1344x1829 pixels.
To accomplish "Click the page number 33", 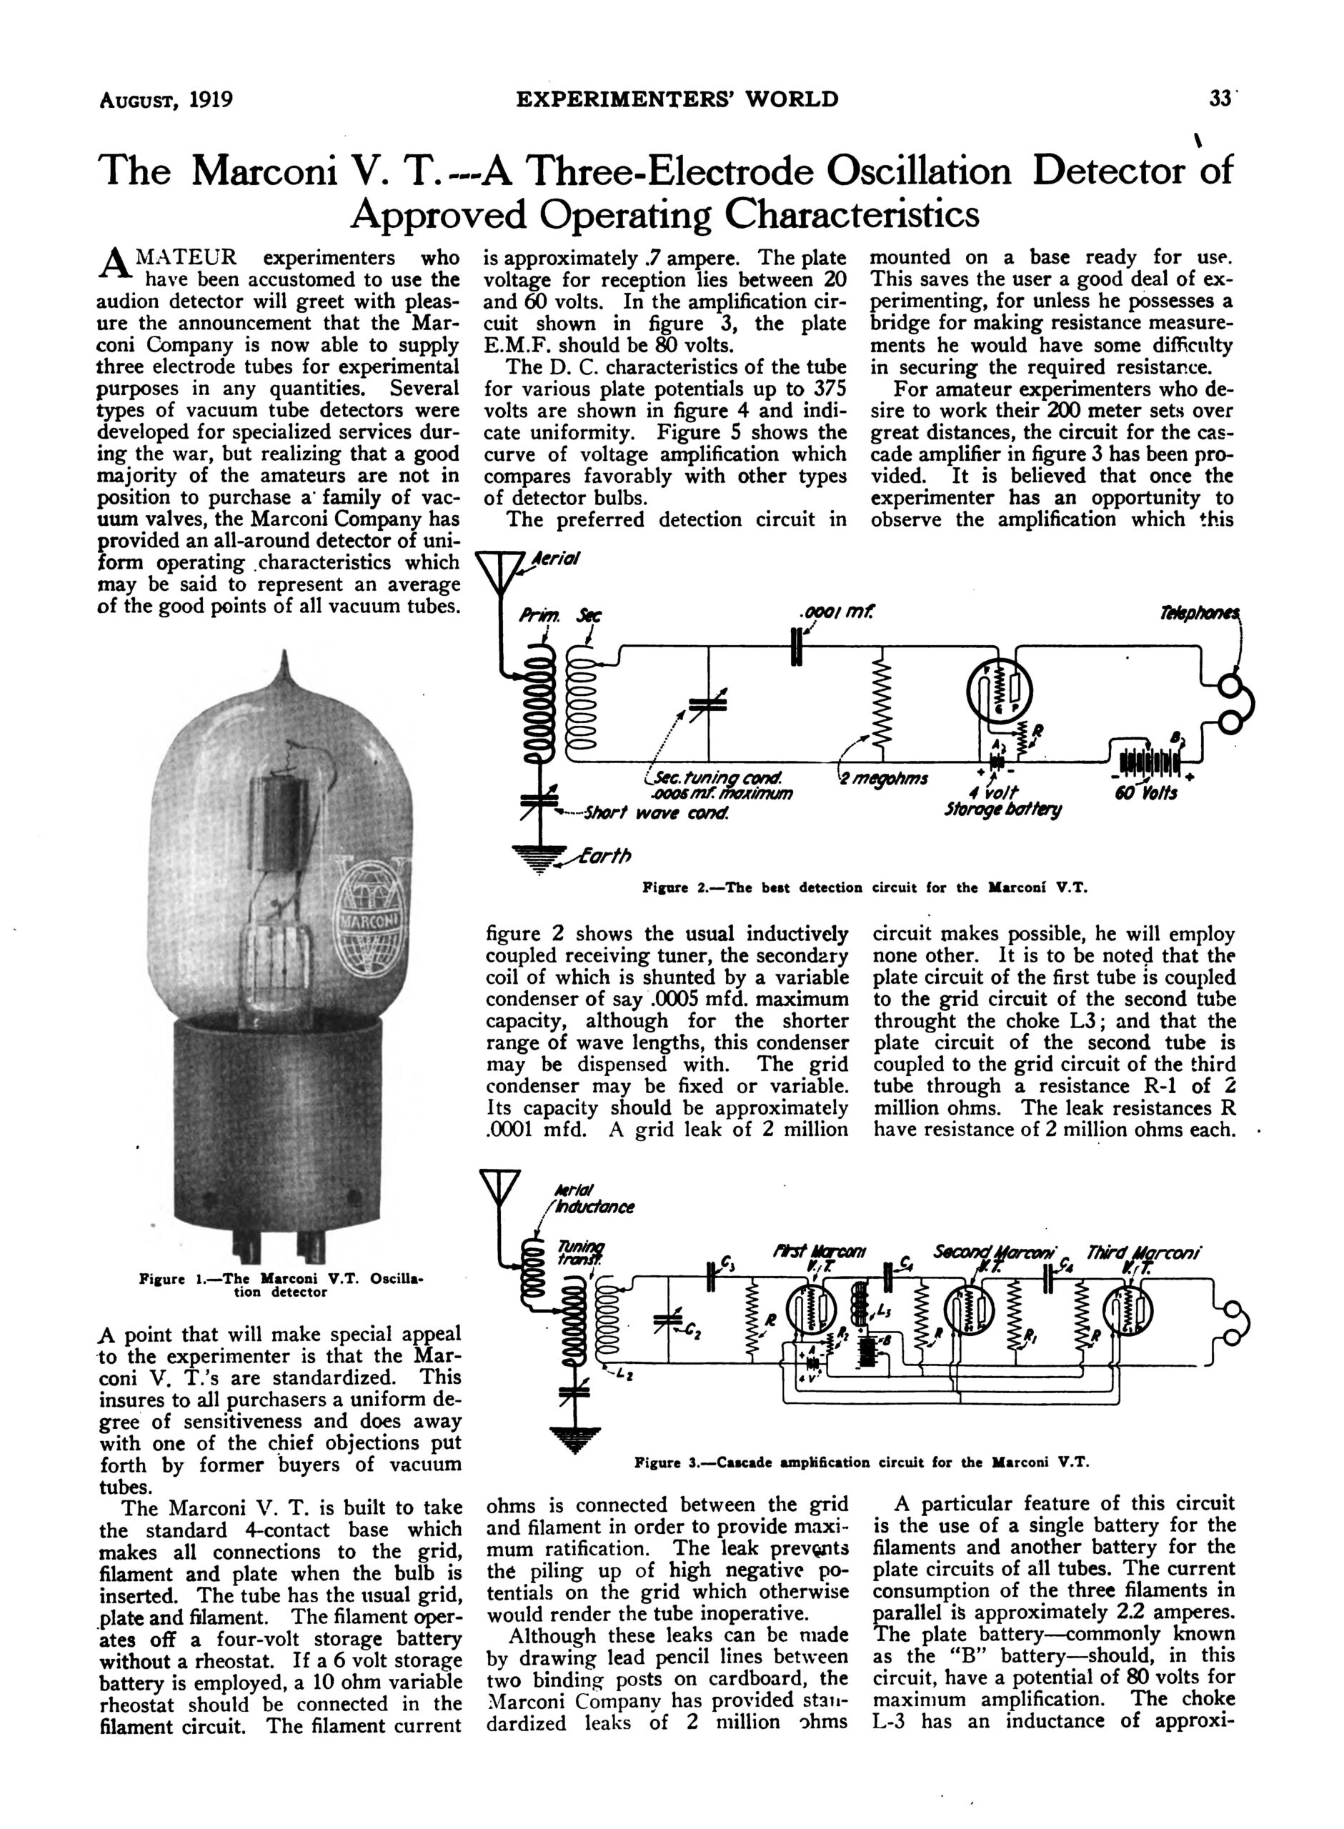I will (1220, 99).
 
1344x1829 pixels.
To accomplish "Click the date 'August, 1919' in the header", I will (166, 100).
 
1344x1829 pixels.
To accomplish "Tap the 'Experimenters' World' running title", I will (677, 99).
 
